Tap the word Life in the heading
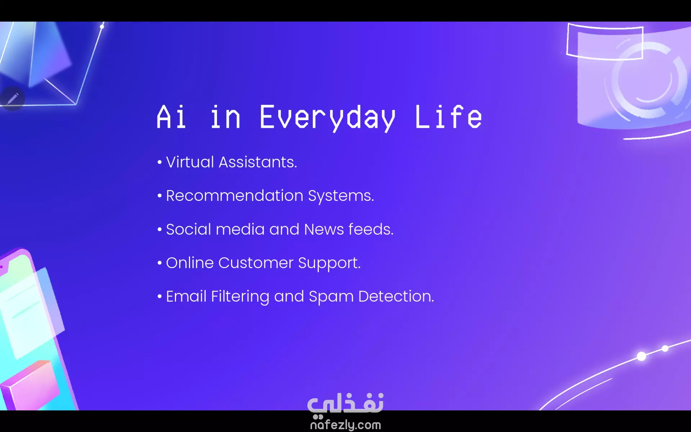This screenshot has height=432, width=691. point(448,116)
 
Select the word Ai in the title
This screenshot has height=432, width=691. point(171,116)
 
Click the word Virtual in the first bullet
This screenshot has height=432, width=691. point(190,162)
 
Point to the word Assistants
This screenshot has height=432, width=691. point(258,162)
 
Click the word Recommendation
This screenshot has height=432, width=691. point(235,195)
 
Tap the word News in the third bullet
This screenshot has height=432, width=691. point(324,229)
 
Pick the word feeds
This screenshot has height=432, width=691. point(371,229)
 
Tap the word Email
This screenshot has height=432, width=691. point(186,296)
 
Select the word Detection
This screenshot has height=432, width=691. point(396,296)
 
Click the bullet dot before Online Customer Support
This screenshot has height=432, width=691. point(160,263)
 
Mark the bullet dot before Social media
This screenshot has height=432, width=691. point(160,229)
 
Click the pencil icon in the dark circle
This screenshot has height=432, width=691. point(13,99)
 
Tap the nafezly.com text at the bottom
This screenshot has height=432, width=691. point(345,425)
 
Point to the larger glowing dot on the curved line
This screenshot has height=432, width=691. point(641,356)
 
